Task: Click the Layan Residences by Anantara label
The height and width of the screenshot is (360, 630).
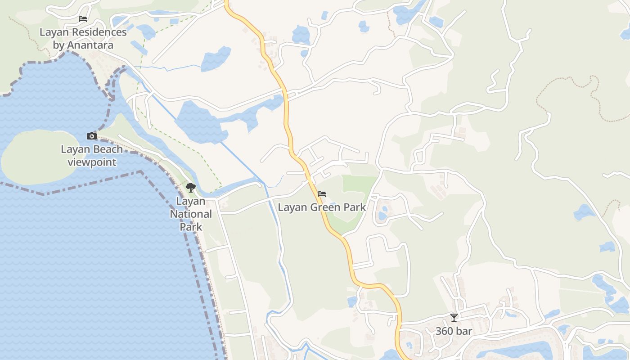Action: click(83, 39)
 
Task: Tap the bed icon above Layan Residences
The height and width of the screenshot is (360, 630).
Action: click(83, 19)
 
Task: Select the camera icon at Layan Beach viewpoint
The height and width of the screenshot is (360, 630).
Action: click(92, 136)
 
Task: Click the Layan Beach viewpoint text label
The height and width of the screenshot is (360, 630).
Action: click(92, 156)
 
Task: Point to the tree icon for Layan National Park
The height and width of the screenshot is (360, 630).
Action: click(191, 188)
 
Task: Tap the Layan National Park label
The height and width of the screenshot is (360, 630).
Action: click(191, 214)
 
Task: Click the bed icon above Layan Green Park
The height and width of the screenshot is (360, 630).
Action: click(322, 194)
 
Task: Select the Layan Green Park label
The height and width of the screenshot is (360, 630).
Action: click(322, 207)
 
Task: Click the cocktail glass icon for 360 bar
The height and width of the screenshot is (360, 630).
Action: click(454, 318)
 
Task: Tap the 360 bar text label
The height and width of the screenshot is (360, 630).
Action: click(454, 331)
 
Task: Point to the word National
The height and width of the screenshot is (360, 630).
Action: click(191, 214)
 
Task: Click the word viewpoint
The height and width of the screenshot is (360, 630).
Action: click(92, 162)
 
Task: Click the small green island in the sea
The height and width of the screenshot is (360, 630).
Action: click(38, 155)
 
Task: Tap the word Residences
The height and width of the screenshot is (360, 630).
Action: click(96, 32)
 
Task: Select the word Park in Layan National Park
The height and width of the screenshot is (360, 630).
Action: click(191, 226)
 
